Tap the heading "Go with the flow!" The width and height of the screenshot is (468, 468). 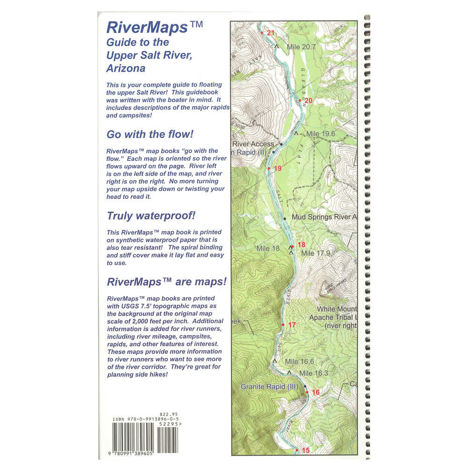click(x=150, y=134)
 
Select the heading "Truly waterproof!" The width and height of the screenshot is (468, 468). click(x=151, y=216)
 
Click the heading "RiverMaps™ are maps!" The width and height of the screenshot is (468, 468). click(x=167, y=282)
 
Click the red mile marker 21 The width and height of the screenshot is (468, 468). click(x=270, y=33)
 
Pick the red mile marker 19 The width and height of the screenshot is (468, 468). click(x=278, y=168)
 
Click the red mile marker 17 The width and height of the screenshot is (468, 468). click(x=292, y=325)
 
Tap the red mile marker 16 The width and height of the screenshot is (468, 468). click(x=315, y=392)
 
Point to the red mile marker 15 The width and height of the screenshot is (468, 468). click(x=306, y=451)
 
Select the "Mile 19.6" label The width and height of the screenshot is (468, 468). click(x=321, y=134)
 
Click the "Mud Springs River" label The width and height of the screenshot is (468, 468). click(x=324, y=217)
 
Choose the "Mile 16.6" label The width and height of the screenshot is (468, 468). click(x=299, y=361)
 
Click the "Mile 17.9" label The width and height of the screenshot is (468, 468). click(x=315, y=253)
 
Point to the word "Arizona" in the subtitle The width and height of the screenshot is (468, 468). click(x=126, y=68)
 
